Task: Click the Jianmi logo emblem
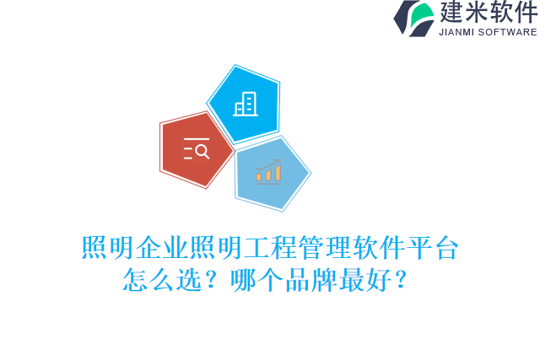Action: coord(414,18)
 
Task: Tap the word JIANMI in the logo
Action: coord(459,32)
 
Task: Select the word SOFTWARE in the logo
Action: coord(508,32)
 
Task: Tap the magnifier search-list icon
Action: coord(196,149)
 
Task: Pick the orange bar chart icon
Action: coord(269,172)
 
